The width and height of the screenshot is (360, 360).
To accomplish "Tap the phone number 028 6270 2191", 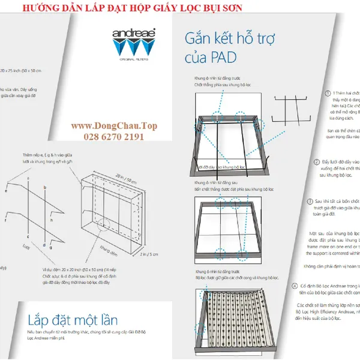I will click(x=107, y=137).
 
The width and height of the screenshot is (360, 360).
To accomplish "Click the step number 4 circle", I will click(x=295, y=286).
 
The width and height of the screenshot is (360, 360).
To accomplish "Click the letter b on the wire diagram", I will click(x=46, y=187).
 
